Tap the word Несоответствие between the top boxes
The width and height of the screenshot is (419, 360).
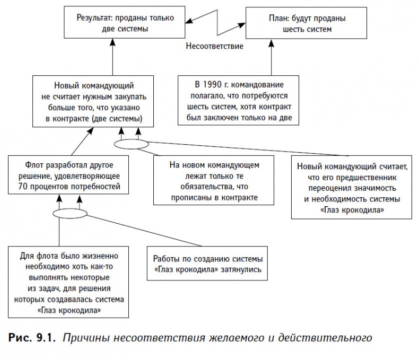click(214, 46)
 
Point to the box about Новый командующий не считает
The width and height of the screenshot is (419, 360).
click(93, 101)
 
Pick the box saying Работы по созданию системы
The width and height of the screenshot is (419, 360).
click(208, 264)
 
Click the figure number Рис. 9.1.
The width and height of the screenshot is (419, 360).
click(32, 337)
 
